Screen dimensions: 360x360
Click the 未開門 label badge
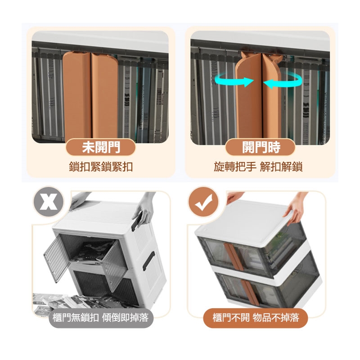coord(100,147)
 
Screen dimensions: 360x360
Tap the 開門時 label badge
coord(261,147)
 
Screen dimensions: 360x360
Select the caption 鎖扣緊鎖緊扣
coord(101,166)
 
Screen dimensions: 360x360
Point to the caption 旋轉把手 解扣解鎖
coord(258,166)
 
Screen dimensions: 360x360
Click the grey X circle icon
coord(49,202)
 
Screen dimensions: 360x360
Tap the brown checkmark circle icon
coord(203,202)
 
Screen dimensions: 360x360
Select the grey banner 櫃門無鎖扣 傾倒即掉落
coord(101,318)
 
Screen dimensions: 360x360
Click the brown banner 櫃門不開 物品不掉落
coord(256,318)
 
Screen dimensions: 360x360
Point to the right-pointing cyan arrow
coord(234,81)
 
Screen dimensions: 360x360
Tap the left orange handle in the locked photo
coord(76,96)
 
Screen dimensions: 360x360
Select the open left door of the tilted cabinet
coord(56,258)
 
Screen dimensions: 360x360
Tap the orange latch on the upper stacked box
coord(234,256)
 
